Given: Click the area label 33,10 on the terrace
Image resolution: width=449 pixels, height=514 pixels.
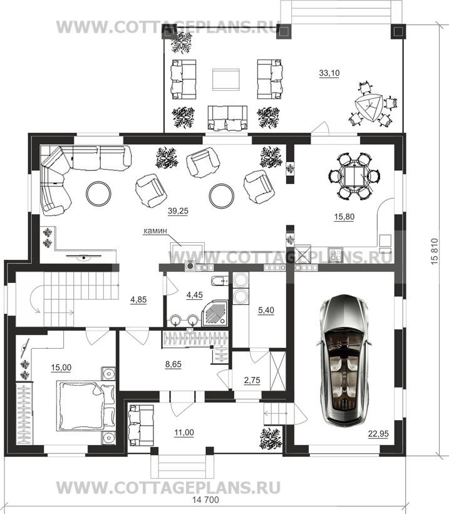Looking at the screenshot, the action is (329, 73).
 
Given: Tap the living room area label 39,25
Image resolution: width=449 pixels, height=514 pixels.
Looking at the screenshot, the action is (178, 211).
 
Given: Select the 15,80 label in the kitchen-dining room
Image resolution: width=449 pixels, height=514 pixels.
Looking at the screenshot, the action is (344, 217).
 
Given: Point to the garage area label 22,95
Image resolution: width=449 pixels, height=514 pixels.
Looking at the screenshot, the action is (378, 434).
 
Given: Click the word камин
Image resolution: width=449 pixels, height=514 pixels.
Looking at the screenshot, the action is (155, 231).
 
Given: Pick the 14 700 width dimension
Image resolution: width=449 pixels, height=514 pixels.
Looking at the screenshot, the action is (205, 500).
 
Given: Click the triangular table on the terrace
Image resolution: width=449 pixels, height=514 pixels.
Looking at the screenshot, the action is (369, 108).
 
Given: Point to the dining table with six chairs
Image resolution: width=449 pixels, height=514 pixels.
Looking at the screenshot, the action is (354, 176).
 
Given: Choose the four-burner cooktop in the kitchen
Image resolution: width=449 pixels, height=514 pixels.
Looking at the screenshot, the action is (335, 255).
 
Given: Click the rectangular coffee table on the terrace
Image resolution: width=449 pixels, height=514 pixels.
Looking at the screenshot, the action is (225, 80).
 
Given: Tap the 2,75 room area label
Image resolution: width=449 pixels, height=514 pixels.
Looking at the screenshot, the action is (252, 380).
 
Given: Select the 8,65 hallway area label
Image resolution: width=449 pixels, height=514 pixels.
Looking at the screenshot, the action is (173, 364).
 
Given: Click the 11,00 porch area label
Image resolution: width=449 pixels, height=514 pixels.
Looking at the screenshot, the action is (184, 433).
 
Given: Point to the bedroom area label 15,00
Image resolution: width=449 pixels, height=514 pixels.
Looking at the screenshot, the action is (61, 368).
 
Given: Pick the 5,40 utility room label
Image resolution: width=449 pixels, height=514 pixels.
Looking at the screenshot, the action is (266, 310).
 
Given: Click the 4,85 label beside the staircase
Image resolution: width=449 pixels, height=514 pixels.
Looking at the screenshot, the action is (138, 300).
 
